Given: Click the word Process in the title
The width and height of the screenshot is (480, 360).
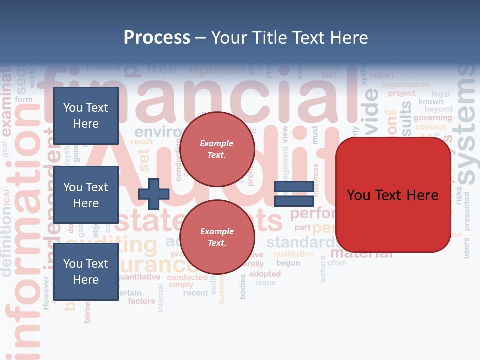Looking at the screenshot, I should point(157,37).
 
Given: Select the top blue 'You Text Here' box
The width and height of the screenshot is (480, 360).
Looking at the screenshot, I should point(86,116).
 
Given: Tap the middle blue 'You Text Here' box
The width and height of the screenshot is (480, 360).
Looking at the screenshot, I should point(86,195).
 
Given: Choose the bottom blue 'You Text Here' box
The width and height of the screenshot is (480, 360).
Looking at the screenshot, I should point(86,271).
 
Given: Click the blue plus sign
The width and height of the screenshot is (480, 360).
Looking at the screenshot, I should point(153,194).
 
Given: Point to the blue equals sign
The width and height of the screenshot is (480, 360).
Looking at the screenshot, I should point(294,194).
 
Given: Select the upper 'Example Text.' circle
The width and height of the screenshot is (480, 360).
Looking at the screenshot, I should point(217,149).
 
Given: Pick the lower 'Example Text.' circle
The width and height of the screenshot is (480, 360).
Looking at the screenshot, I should point(217,237).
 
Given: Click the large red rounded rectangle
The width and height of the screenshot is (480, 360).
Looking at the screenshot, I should point(393,195).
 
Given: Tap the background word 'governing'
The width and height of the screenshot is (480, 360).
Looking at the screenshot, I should point(432,118).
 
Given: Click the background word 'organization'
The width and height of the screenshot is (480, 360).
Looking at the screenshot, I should point(405,85).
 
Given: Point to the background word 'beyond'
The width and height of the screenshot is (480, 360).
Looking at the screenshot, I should point(438,109).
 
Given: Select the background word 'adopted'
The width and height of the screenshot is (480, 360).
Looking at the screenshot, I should point(265,274).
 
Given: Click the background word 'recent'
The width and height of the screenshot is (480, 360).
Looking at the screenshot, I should point(195,293).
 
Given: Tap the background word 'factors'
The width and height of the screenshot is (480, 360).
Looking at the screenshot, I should point(141,301).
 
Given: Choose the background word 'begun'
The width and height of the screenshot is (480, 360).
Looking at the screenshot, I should point(288,263).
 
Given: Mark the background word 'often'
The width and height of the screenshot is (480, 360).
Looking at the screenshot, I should point(337,263).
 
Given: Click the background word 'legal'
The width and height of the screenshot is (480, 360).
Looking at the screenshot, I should point(440,94).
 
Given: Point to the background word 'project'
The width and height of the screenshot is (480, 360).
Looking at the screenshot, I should point(402,93).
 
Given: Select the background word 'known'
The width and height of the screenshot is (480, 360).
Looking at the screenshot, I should point(431,101).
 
